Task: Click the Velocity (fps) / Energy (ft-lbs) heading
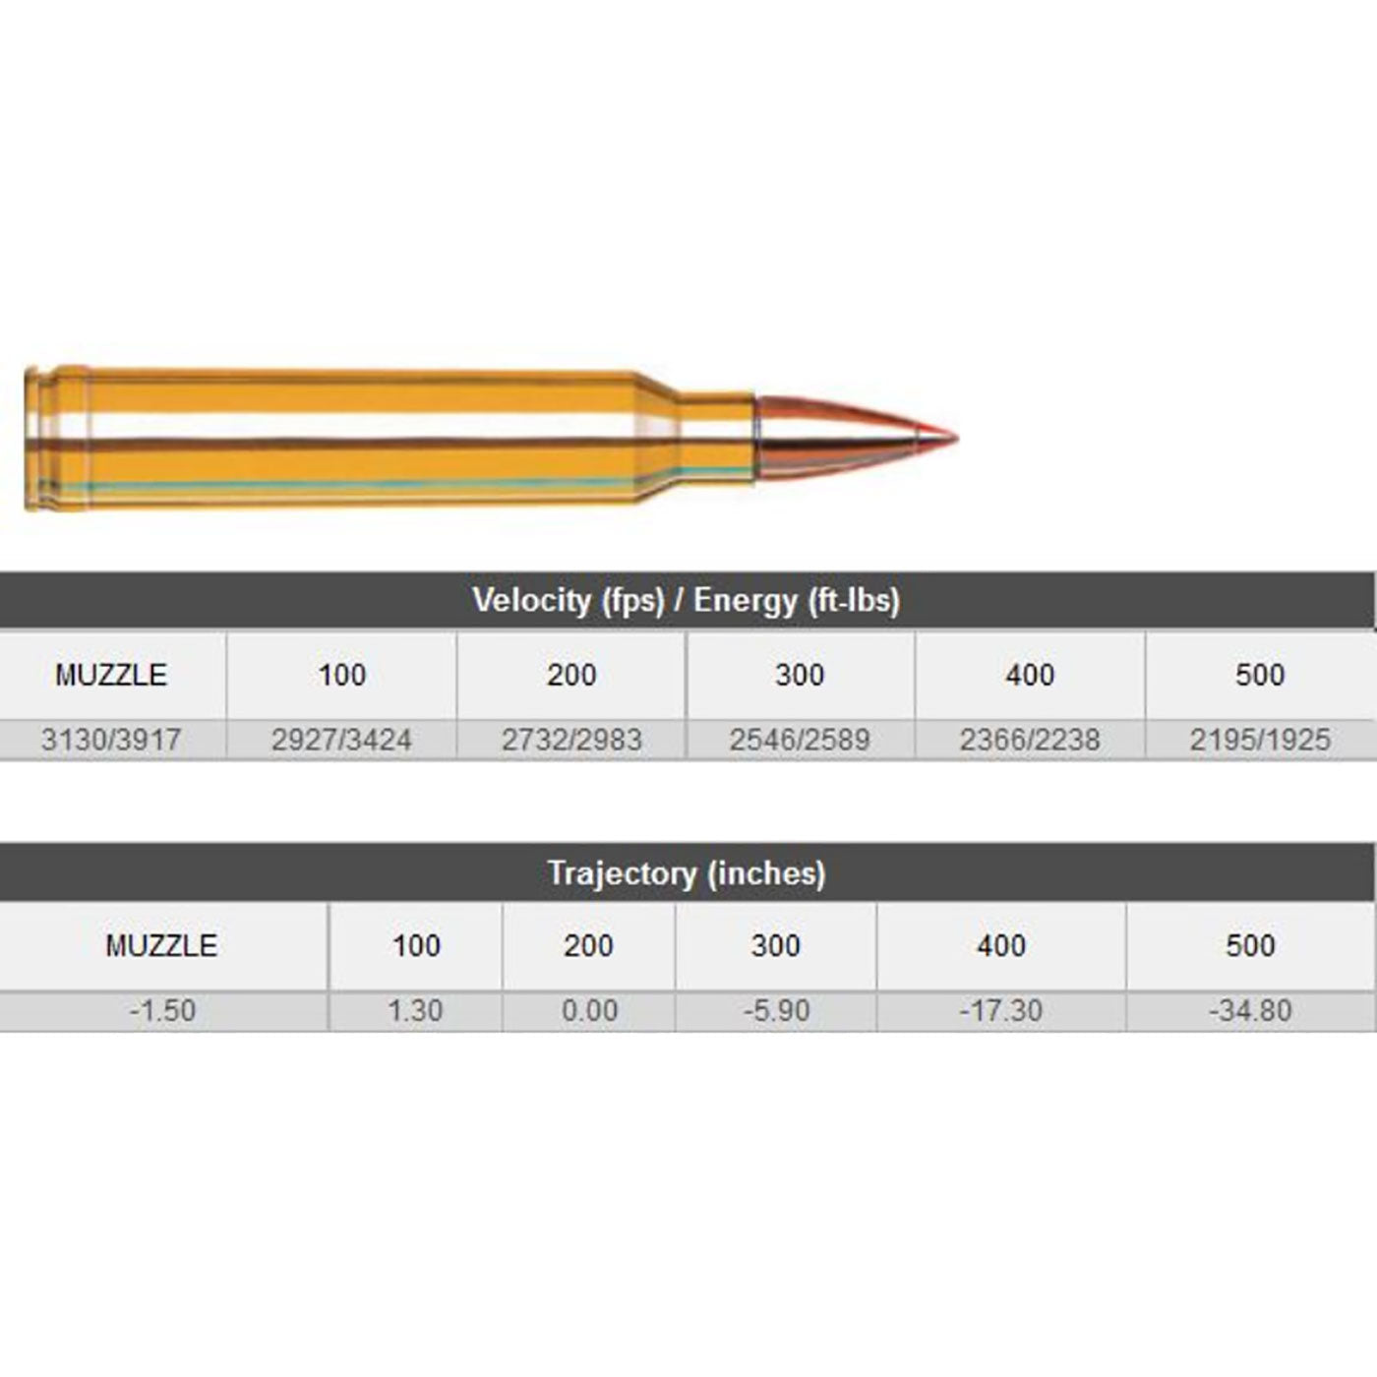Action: click(686, 600)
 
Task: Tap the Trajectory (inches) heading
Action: click(686, 872)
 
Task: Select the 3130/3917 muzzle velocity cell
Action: click(111, 740)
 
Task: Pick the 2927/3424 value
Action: click(341, 740)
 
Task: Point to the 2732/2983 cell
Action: click(571, 740)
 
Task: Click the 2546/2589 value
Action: click(800, 740)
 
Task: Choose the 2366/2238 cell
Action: click(1030, 740)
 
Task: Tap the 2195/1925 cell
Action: click(1260, 740)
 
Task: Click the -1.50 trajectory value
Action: click(162, 1010)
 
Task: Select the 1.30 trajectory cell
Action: click(415, 1010)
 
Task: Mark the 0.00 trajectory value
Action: click(589, 1010)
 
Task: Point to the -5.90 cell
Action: click(776, 1010)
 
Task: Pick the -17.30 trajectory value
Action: click(1001, 1010)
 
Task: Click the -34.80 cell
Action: click(1250, 1010)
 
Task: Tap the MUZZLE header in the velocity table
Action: click(111, 675)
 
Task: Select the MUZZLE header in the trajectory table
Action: click(161, 945)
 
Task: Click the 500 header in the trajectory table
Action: click(1250, 945)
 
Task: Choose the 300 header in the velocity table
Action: click(800, 675)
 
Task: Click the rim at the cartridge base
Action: click(32, 439)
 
